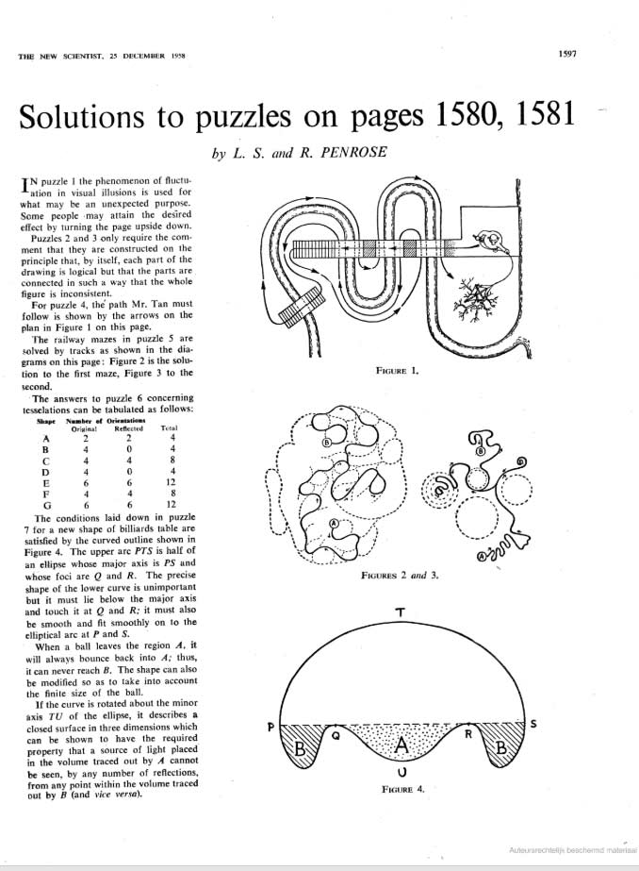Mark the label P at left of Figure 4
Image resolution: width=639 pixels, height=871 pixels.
[x=270, y=727]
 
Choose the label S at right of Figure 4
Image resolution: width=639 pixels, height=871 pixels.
[x=533, y=725]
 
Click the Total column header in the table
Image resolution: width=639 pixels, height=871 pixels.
[x=171, y=428]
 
